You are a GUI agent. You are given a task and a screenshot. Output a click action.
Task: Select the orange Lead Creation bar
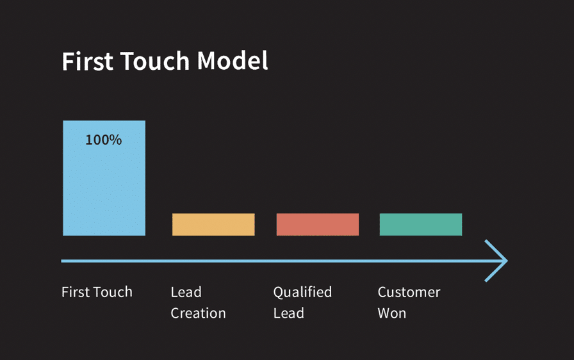click(213, 224)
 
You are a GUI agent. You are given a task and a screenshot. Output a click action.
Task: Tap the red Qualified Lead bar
click(317, 224)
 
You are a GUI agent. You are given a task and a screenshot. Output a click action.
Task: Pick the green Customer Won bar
click(420, 224)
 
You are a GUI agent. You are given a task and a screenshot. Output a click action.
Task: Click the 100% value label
click(103, 140)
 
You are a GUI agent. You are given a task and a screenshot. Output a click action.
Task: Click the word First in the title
click(86, 61)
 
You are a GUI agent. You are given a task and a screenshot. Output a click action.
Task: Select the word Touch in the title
click(154, 61)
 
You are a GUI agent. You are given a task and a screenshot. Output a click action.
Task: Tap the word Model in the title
click(233, 61)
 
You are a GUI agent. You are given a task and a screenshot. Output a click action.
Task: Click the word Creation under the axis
click(198, 313)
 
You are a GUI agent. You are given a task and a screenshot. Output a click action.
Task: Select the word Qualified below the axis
click(302, 292)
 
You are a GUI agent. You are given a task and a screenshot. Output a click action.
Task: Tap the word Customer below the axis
click(409, 292)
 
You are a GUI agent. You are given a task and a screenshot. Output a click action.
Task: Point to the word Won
click(391, 313)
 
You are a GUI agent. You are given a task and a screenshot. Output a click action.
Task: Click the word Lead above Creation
click(186, 292)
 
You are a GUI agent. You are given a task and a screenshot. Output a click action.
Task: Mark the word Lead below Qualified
click(288, 313)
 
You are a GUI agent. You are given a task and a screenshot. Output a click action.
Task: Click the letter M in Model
click(207, 61)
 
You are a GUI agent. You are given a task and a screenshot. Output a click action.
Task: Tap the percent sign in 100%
click(116, 140)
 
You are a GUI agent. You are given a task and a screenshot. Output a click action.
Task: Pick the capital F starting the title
click(68, 61)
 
